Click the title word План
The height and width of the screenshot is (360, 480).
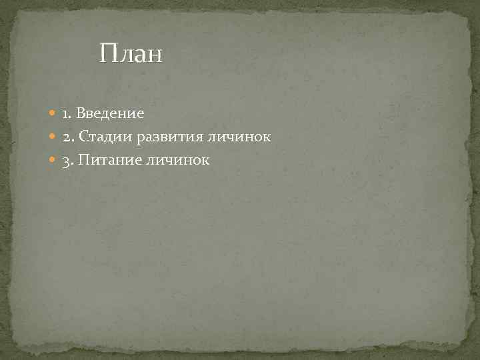click(131, 54)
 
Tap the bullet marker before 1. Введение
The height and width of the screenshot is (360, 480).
click(53, 114)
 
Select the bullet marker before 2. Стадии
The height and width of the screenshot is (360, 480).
click(53, 137)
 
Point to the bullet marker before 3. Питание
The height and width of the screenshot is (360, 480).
click(53, 160)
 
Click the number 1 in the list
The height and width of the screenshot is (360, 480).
click(66, 114)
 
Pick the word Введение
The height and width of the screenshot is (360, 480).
click(110, 114)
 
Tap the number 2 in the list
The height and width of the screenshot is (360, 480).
click(67, 137)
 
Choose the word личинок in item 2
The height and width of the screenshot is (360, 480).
click(243, 137)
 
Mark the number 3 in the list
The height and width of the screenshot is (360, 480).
click(67, 160)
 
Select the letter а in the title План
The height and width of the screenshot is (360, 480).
click(139, 55)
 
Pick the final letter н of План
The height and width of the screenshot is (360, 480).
click(155, 55)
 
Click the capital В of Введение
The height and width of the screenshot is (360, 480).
click(81, 114)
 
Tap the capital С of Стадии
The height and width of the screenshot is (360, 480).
click(83, 137)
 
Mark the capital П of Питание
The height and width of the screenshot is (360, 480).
click(83, 160)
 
